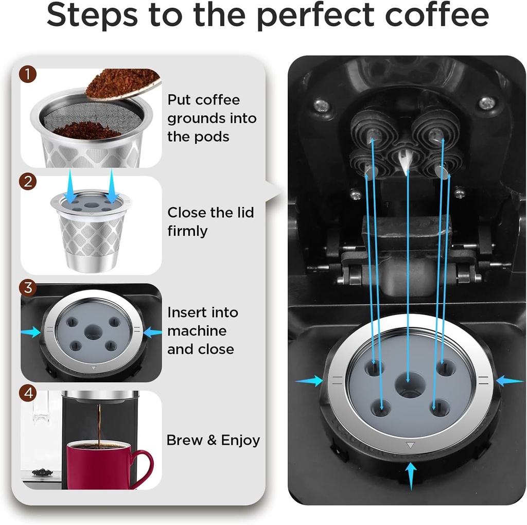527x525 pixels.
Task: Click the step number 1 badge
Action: point(29,75)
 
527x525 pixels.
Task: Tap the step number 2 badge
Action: point(29,182)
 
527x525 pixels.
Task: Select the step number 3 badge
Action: point(29,287)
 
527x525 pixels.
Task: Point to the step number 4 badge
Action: point(29,394)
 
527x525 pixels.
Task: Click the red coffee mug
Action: point(98,463)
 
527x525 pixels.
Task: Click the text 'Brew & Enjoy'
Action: point(213,441)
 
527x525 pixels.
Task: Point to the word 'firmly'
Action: point(187,231)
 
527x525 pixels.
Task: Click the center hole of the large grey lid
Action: point(410,385)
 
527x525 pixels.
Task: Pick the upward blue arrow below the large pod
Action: point(410,477)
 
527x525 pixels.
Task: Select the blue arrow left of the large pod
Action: point(309,381)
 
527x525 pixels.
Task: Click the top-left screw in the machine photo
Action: point(322,105)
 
